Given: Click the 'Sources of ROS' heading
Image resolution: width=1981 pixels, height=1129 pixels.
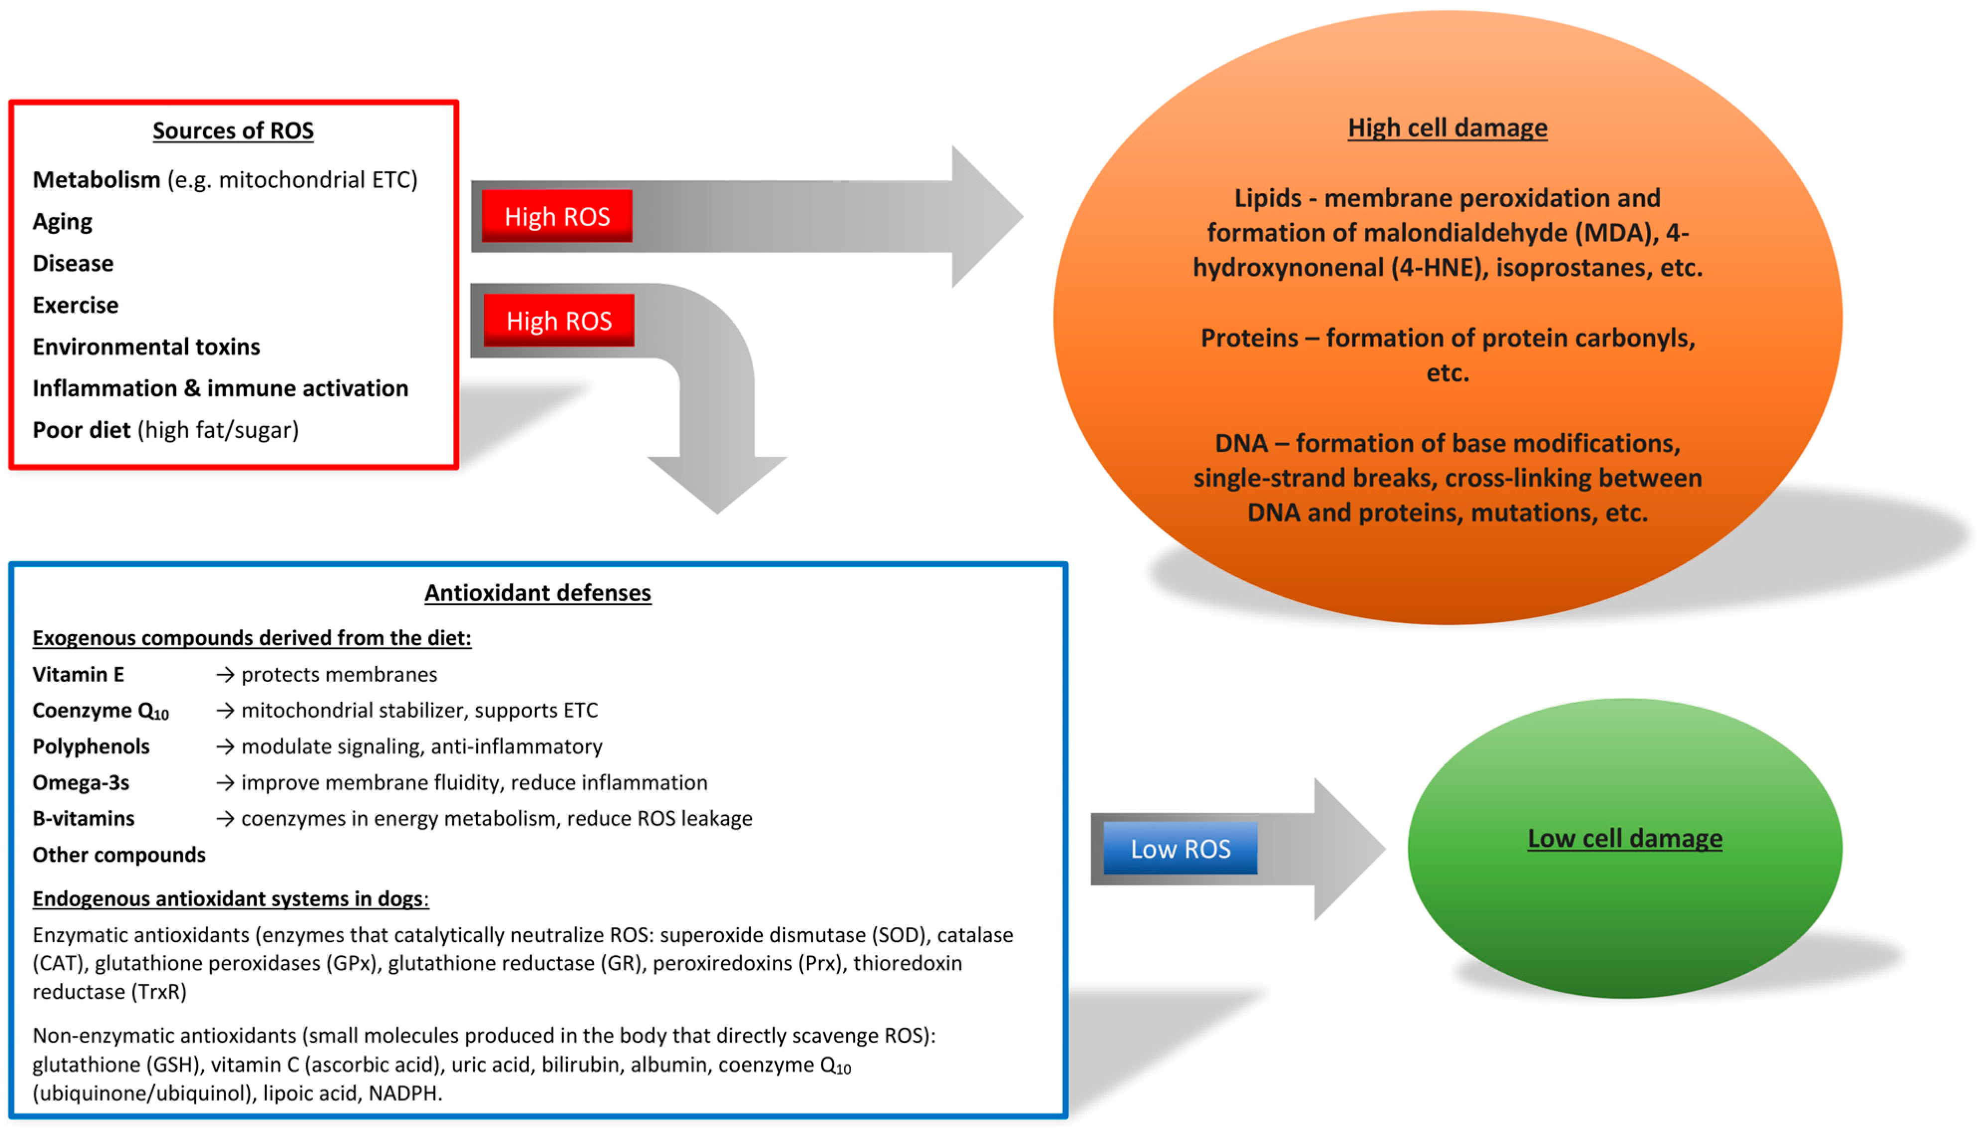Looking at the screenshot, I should [x=233, y=130].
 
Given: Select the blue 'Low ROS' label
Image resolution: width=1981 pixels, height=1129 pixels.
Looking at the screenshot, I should [x=1180, y=849].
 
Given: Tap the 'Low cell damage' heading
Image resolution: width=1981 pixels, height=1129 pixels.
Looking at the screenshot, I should [x=1624, y=838].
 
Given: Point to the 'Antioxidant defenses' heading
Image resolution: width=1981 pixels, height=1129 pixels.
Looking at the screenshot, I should [x=537, y=593].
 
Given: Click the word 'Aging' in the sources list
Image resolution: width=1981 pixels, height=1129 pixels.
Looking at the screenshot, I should [x=62, y=222].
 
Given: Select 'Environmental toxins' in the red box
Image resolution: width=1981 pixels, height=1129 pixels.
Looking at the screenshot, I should [x=146, y=347].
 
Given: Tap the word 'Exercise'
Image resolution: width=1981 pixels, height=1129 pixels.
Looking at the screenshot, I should [x=75, y=305].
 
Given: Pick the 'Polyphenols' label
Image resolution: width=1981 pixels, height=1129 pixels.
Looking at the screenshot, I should [x=91, y=747].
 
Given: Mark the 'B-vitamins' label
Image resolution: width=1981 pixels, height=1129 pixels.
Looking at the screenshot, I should [x=83, y=819].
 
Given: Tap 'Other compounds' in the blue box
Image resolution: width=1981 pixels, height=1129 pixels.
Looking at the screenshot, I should [x=119, y=855].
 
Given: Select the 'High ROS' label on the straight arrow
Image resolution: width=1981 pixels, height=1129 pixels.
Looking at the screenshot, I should [x=557, y=216].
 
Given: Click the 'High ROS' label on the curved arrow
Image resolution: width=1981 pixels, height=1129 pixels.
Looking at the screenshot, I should [x=558, y=320].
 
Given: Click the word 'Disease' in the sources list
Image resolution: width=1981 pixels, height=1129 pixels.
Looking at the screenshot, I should [x=73, y=263].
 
